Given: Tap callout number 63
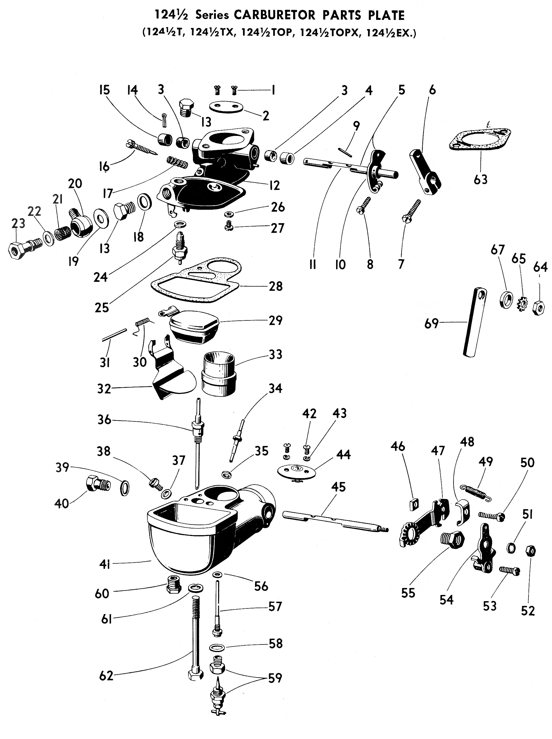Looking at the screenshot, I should click(x=480, y=180).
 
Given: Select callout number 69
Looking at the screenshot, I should click(x=431, y=324).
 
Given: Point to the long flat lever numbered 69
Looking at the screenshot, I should click(x=475, y=322).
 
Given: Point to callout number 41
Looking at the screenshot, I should click(x=105, y=565).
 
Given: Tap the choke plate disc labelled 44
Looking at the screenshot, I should click(x=296, y=470).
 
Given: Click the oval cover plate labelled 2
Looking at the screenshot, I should click(x=226, y=107).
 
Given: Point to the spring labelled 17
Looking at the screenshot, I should click(x=177, y=162).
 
